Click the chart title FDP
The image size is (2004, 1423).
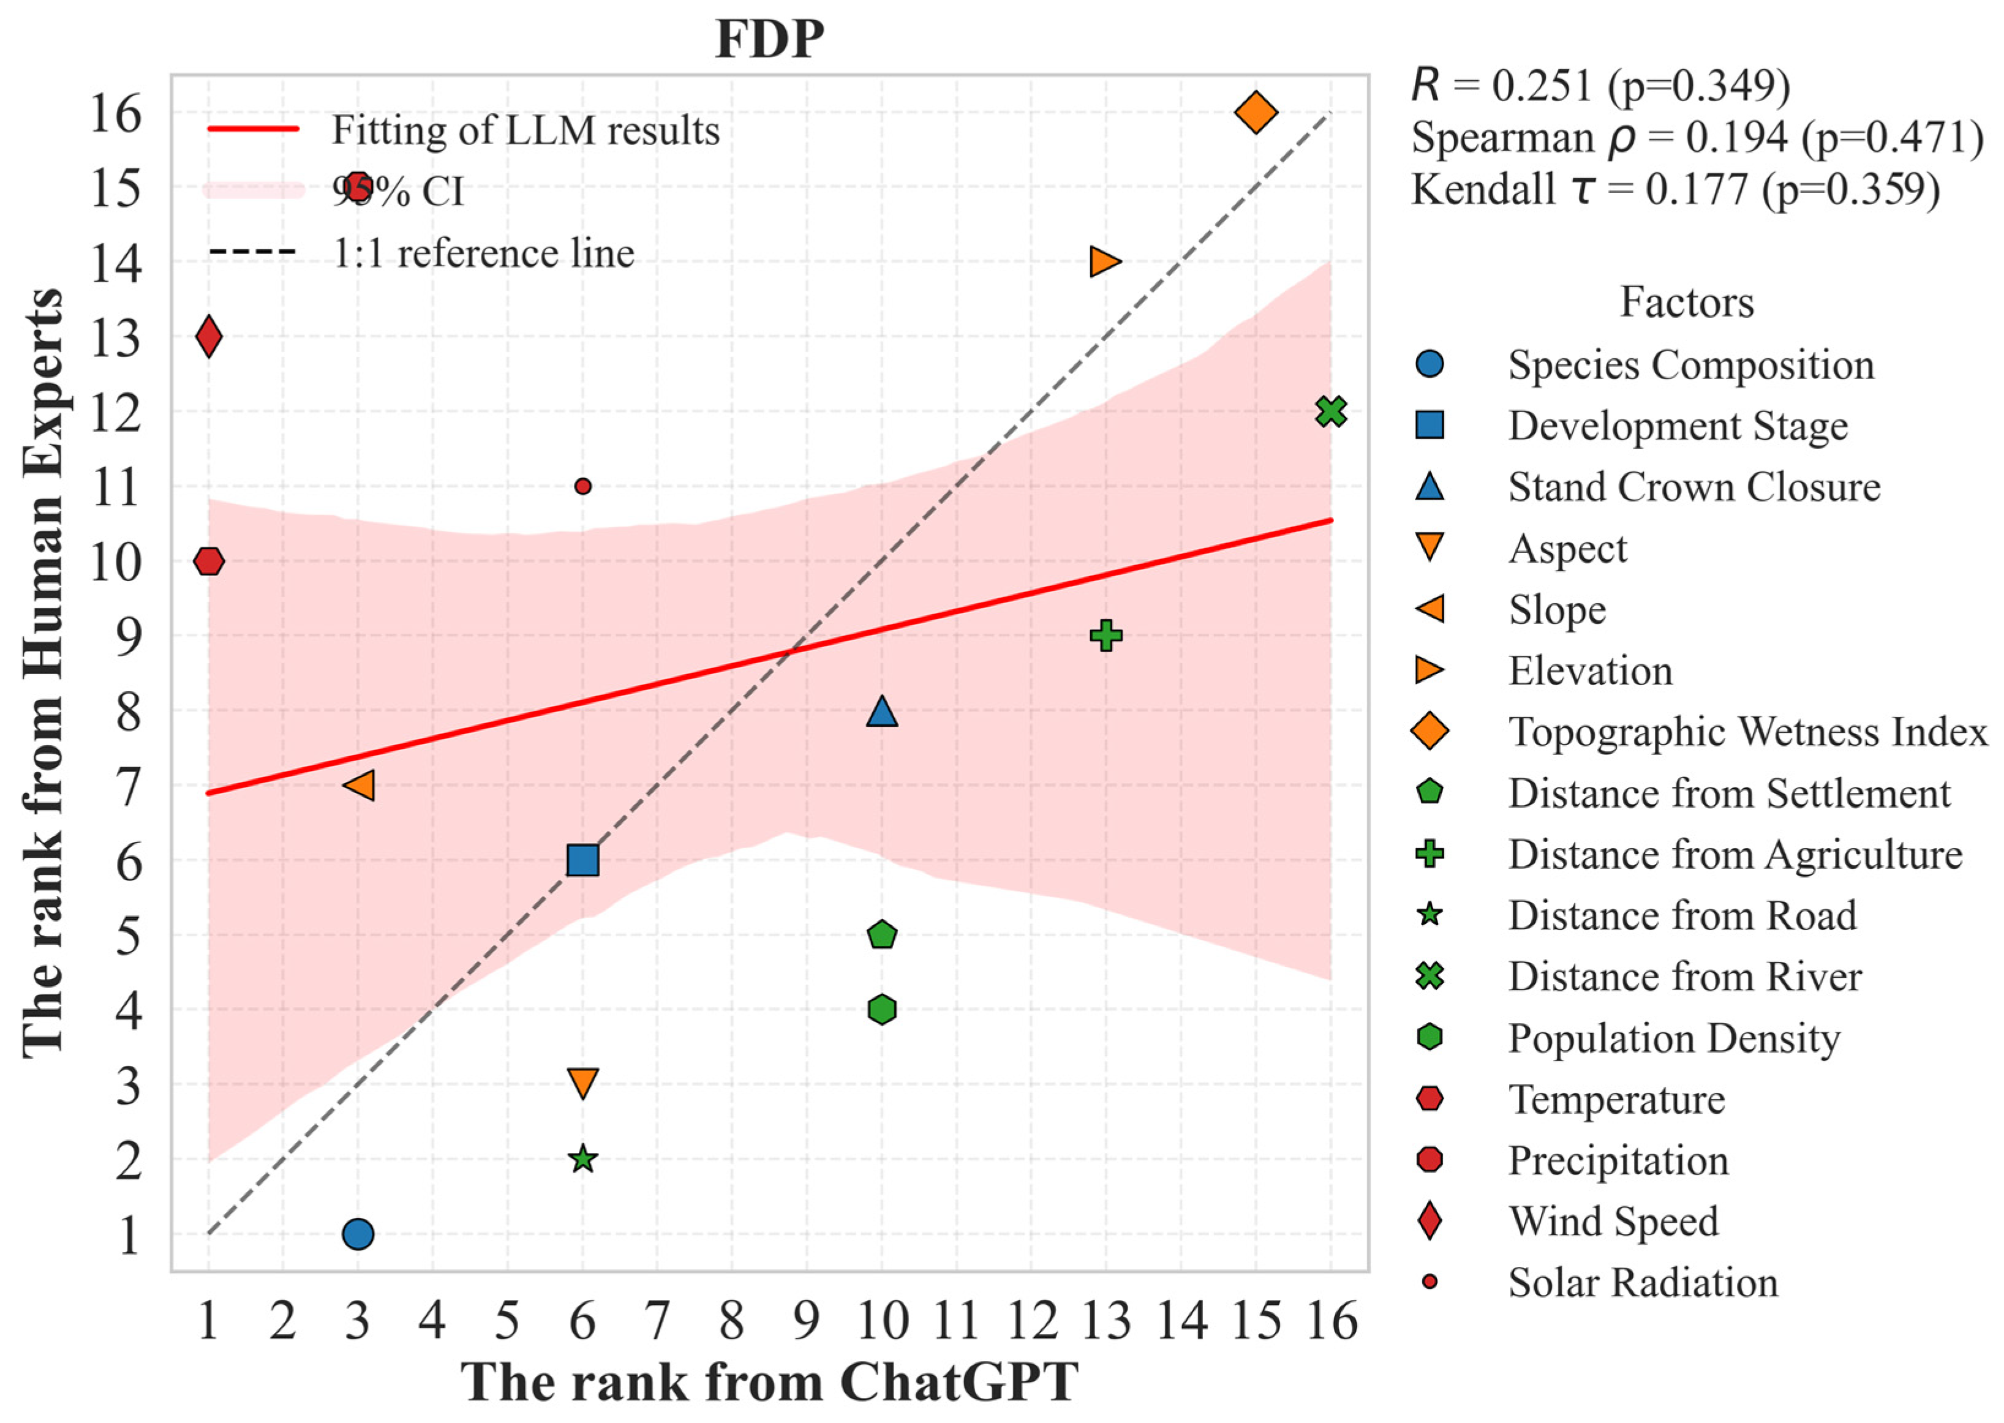tap(769, 39)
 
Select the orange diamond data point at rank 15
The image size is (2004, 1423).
tap(1256, 112)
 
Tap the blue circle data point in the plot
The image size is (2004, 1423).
tap(358, 1234)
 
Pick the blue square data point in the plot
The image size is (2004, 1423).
tap(582, 860)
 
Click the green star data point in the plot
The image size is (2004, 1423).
tap(582, 1159)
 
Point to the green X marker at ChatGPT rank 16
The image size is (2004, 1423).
tap(1330, 411)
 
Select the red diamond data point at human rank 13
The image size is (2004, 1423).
tap(209, 337)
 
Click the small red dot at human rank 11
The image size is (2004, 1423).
tap(582, 486)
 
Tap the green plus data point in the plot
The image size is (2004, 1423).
tap(1106, 636)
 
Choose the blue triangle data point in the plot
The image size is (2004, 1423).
tap(881, 711)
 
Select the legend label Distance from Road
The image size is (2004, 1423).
tap(1682, 915)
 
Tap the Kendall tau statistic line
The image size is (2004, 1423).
tap(1674, 189)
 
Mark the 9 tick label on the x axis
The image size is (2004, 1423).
tap(806, 1321)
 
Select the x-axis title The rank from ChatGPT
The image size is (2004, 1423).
tap(769, 1383)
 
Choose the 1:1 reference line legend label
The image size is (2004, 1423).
tap(483, 254)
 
